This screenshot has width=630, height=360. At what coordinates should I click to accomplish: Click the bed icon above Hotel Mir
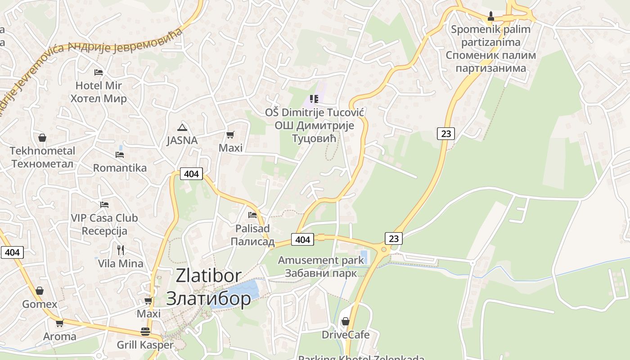pyautogui.click(x=99, y=72)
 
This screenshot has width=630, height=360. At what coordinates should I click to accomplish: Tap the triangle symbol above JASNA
pyautogui.click(x=182, y=127)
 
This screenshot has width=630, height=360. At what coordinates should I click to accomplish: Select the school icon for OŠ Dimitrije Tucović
pyautogui.click(x=314, y=99)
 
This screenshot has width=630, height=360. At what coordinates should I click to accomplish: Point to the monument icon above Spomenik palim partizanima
pyautogui.click(x=491, y=17)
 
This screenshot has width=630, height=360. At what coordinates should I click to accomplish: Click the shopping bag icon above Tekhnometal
pyautogui.click(x=42, y=137)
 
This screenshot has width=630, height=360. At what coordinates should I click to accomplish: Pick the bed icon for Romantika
pyautogui.click(x=119, y=155)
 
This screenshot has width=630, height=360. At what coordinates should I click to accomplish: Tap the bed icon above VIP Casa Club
pyautogui.click(x=104, y=205)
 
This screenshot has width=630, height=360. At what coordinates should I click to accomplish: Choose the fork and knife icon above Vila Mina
pyautogui.click(x=120, y=250)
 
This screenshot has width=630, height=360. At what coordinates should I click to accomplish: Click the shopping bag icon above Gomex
pyautogui.click(x=40, y=291)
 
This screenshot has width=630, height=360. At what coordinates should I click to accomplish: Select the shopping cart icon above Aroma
pyautogui.click(x=59, y=323)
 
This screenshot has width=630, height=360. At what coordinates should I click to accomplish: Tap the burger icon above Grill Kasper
pyautogui.click(x=145, y=332)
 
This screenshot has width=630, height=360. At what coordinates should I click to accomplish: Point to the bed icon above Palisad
pyautogui.click(x=252, y=215)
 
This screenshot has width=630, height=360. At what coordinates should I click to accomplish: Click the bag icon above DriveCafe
pyautogui.click(x=345, y=321)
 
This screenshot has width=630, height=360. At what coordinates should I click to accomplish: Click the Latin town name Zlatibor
pyautogui.click(x=208, y=275)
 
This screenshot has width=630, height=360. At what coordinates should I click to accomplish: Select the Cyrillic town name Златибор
pyautogui.click(x=208, y=298)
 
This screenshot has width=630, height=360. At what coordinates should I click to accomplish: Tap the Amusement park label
pyautogui.click(x=320, y=260)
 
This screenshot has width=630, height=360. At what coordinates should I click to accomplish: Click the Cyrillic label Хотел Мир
pyautogui.click(x=99, y=99)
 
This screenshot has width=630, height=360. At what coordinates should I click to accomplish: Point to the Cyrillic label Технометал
pyautogui.click(x=42, y=163)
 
